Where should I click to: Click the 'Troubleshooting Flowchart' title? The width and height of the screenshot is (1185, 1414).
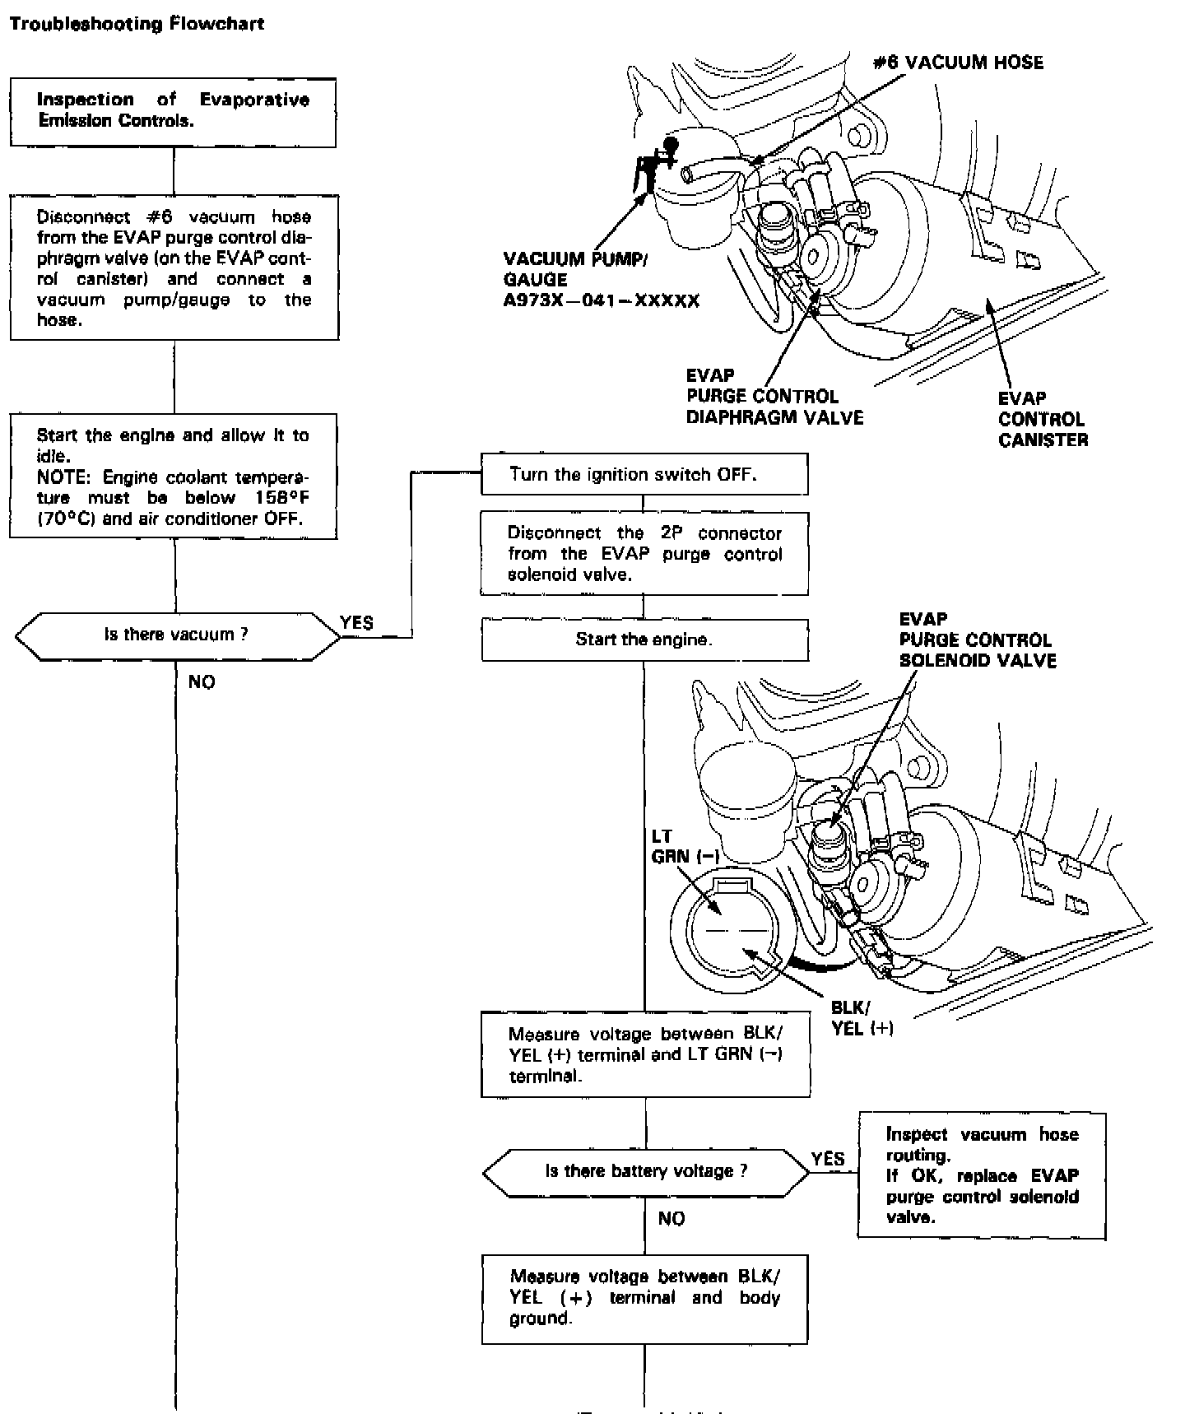(x=137, y=23)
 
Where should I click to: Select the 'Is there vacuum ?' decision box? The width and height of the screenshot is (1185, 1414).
(x=176, y=635)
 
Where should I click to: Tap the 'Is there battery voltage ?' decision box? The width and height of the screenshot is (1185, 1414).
(x=646, y=1171)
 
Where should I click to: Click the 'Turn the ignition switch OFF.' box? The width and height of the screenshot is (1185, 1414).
(x=644, y=474)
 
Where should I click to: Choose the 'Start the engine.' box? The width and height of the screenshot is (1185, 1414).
(x=644, y=640)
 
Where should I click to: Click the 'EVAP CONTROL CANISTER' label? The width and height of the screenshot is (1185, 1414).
(x=1043, y=419)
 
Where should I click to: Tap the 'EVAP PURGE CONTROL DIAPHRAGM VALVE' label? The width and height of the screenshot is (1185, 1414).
(x=774, y=397)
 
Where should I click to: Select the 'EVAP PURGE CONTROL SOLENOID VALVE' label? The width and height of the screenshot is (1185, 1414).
(x=977, y=640)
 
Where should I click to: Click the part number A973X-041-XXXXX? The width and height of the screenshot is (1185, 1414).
(x=602, y=301)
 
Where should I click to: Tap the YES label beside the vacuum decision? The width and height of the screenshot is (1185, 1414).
(x=357, y=623)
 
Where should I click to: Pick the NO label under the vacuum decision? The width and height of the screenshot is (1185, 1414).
(x=202, y=681)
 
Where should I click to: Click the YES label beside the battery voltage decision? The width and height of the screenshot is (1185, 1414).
(x=828, y=1159)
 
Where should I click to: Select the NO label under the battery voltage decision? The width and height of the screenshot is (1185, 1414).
(x=671, y=1218)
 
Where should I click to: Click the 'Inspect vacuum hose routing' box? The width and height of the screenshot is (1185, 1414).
(x=982, y=1175)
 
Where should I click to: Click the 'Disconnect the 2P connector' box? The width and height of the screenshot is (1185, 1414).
(x=644, y=553)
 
